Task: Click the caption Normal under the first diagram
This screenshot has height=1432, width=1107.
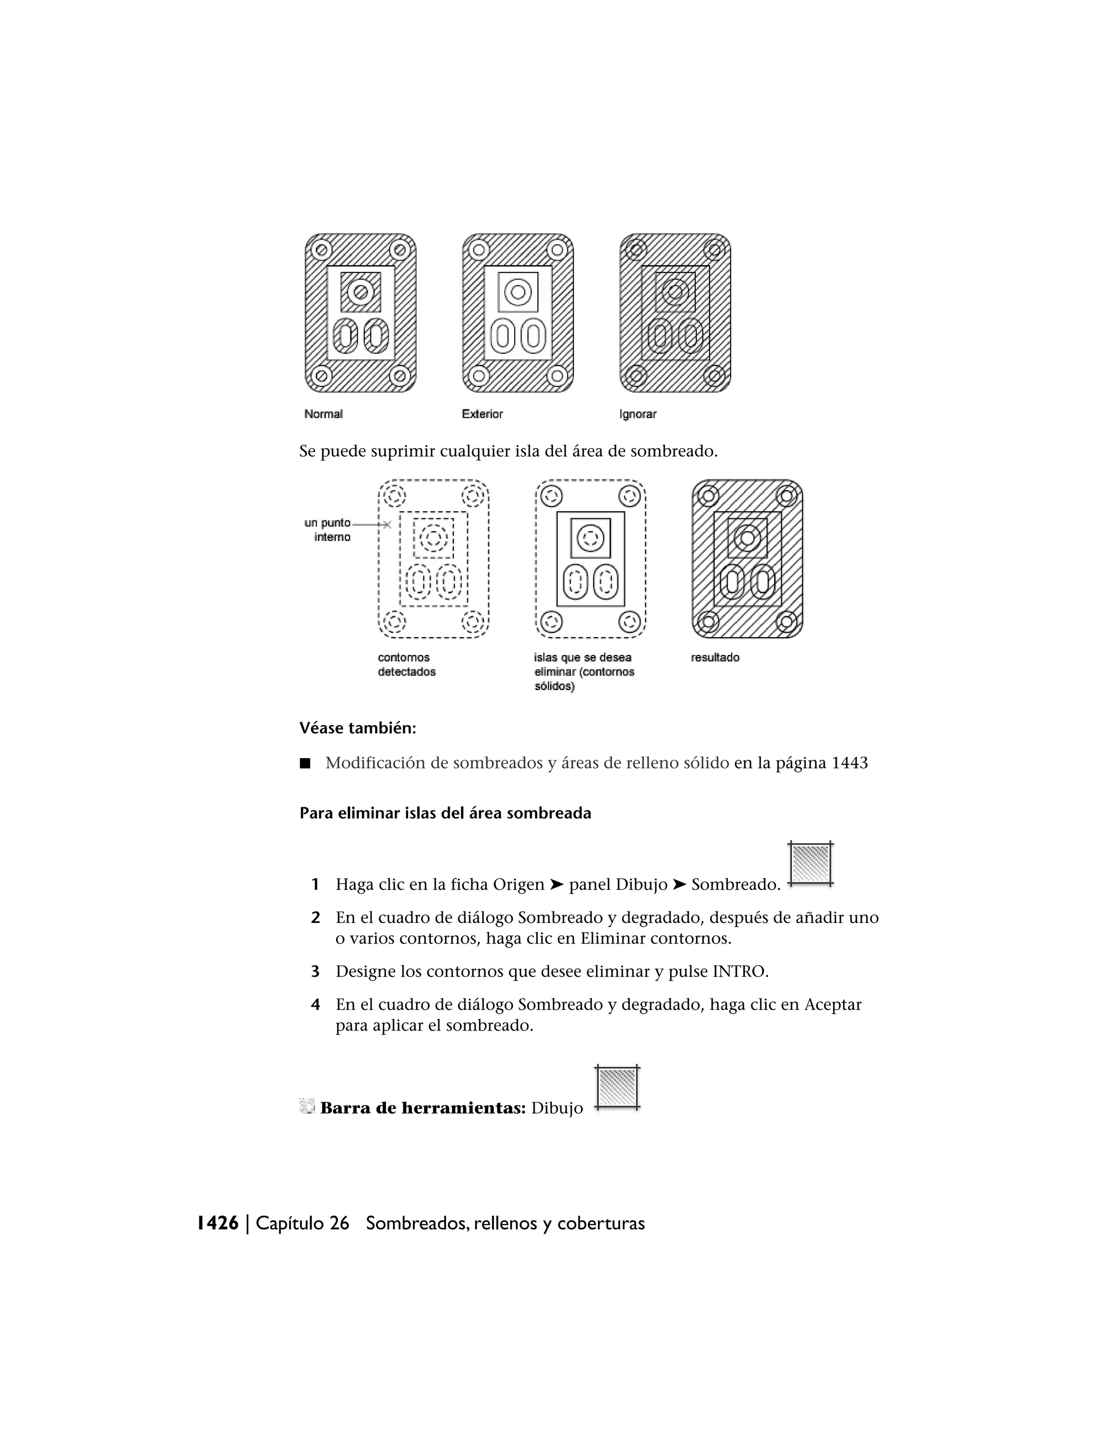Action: pos(323,414)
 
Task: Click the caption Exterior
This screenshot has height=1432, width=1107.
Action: pos(482,414)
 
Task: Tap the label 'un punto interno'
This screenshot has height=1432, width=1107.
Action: pos(328,530)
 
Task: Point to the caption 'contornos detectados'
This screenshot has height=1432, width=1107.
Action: pos(406,664)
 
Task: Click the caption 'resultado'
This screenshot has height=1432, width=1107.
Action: pos(715,658)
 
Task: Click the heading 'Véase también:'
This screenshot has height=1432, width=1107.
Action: pos(357,728)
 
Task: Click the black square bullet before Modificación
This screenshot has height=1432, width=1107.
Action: pos(305,763)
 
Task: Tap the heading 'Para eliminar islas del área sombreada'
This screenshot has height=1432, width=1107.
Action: pos(445,813)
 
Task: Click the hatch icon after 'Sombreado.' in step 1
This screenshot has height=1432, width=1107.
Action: pos(811,864)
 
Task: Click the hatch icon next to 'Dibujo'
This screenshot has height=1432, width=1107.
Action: pos(617,1088)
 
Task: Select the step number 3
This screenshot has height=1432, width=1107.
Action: pos(316,971)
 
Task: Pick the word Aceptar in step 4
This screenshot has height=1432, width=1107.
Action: pos(832,1005)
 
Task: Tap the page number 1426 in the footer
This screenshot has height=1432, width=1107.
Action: pos(218,1223)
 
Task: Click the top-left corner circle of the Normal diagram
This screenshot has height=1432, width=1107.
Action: pos(322,250)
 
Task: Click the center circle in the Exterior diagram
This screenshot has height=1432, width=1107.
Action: pos(518,292)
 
